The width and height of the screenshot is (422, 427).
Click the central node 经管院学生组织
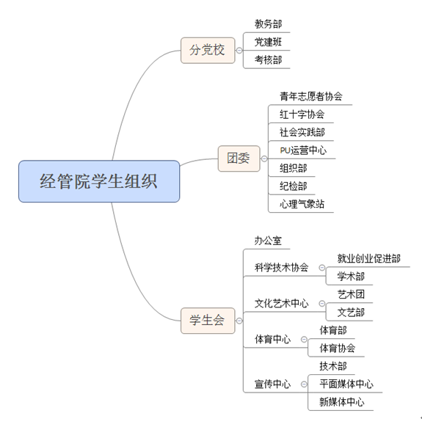pos(99,181)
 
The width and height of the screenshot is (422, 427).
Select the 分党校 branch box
pos(208,51)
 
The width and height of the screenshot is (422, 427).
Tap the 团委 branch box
pos(239,158)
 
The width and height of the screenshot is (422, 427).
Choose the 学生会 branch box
pos(208,321)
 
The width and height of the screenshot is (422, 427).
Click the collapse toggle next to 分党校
pos(239,51)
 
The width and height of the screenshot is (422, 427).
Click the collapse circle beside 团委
pos(264,158)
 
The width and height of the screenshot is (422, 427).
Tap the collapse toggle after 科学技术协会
pos(322,267)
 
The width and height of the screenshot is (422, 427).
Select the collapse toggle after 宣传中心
pos(304,384)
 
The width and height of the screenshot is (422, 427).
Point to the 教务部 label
pos(268,24)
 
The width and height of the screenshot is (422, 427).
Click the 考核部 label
pos(268,60)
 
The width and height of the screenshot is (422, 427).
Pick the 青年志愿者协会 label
pos(311,96)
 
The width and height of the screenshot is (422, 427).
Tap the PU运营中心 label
pos(303,150)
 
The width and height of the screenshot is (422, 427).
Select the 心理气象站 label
pos(302,204)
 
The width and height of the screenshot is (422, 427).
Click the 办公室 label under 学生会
pos(268,241)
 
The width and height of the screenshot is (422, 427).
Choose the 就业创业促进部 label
pos(369,258)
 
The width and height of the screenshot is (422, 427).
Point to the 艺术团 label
pos(351,294)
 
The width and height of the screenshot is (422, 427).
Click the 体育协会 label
pos(338,348)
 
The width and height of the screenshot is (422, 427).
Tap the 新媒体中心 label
pos(342,402)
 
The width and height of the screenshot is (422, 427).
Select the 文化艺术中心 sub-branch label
pos(281,303)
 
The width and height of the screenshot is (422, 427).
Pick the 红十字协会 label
pos(302,114)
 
